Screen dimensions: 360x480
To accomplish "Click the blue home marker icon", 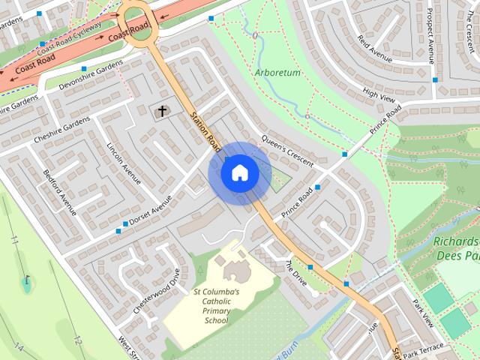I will tap(239, 172).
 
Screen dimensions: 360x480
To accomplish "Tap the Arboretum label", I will tap(277, 73).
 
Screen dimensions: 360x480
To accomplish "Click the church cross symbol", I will tap(160, 112).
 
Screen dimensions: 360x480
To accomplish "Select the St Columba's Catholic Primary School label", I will tap(216, 306).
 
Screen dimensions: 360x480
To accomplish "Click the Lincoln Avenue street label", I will tap(124, 163).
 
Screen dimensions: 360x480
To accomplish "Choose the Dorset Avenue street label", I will tap(150, 211).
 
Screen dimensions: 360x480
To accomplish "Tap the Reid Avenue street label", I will tap(375, 47).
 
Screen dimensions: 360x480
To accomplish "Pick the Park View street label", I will tap(423, 313).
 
